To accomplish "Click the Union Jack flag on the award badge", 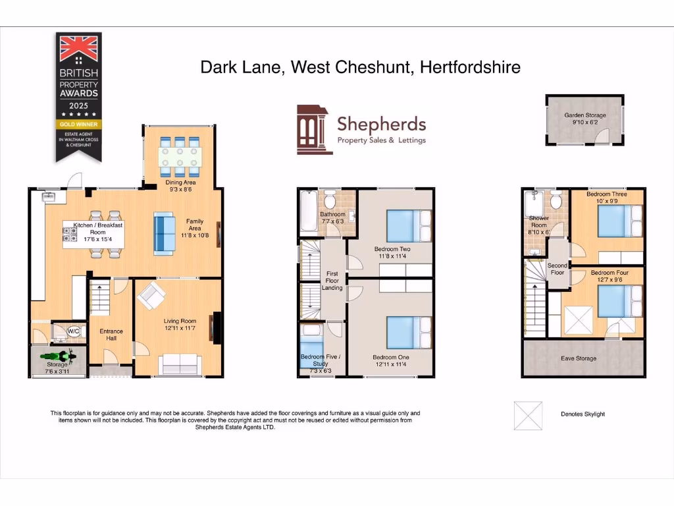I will [x=78, y=48].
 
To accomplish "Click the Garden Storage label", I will [x=584, y=115].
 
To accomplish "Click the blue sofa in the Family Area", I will [x=163, y=233].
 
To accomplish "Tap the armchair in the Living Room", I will [x=151, y=296].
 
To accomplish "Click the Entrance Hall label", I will [x=111, y=335].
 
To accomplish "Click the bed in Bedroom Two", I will [x=408, y=226].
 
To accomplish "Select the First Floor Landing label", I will [x=332, y=281].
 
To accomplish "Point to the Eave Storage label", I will [x=579, y=358].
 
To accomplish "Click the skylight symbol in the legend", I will [x=528, y=416].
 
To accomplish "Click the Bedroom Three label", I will [x=606, y=194].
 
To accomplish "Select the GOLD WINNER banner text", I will [x=78, y=123].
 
